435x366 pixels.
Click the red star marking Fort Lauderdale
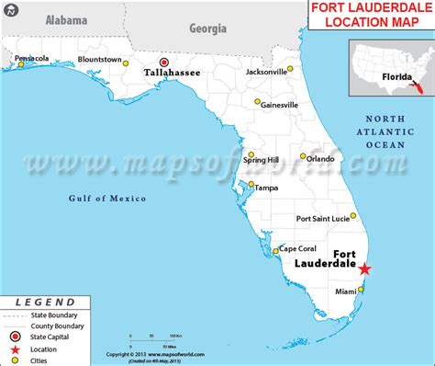pyautogui.click(x=364, y=269)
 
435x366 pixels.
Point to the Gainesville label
pyautogui.click(x=278, y=105)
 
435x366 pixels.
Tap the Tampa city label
pyautogui.click(x=265, y=188)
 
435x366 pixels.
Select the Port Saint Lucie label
pyautogui.click(x=320, y=219)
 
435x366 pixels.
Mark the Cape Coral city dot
pyautogui.click(x=274, y=250)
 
